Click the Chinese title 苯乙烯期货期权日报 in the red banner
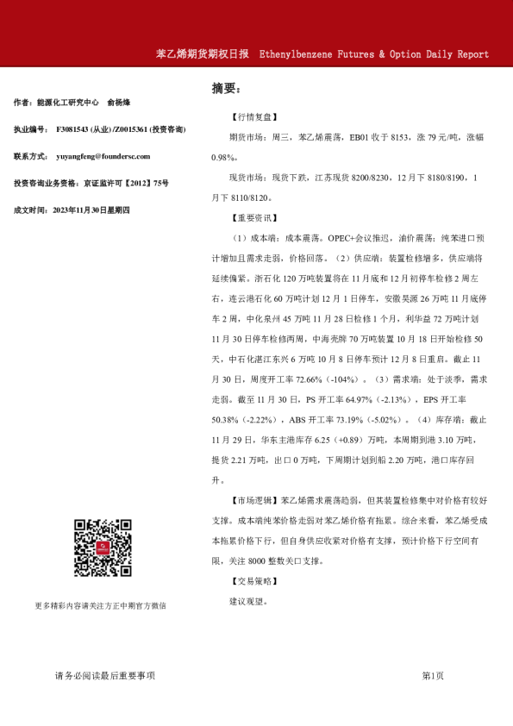tap(202, 53)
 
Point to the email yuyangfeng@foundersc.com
tap(103, 156)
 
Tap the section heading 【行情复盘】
tap(253, 115)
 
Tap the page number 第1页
tap(433, 675)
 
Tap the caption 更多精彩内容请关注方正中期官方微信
tap(100, 606)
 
